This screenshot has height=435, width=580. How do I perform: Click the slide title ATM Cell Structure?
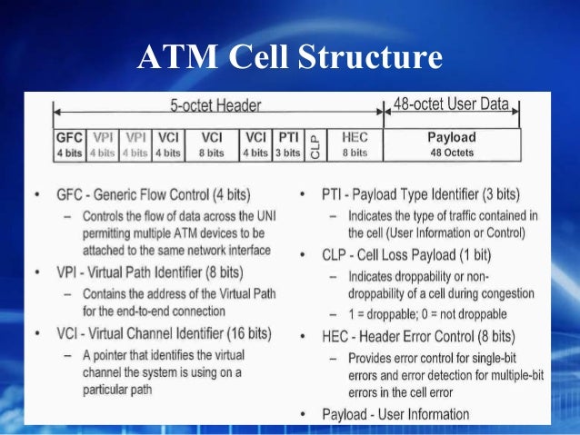tap(289, 57)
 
